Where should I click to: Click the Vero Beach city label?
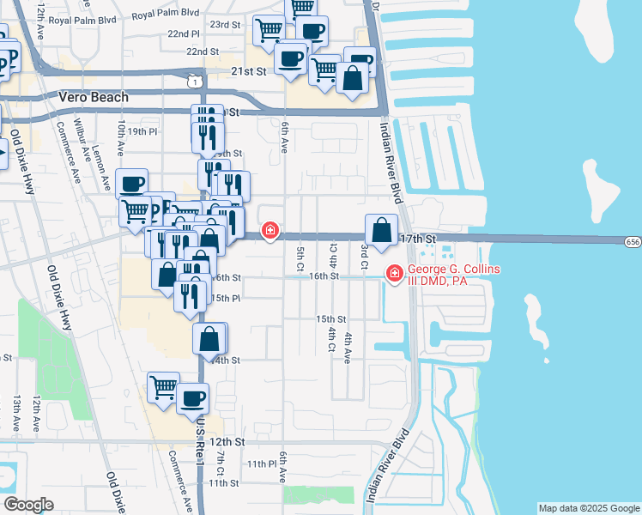(x=94, y=97)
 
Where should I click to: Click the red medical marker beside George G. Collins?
(x=395, y=274)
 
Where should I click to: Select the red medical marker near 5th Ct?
(x=270, y=230)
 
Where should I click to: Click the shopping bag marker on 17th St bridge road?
(x=382, y=230)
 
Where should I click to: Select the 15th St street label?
(x=330, y=318)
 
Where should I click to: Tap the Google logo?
(x=28, y=505)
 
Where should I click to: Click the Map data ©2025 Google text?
(x=588, y=508)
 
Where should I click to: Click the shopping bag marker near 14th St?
(x=209, y=339)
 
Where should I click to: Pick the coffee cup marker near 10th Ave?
(x=132, y=184)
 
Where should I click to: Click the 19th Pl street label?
(x=142, y=131)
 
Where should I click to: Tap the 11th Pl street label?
(x=260, y=463)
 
